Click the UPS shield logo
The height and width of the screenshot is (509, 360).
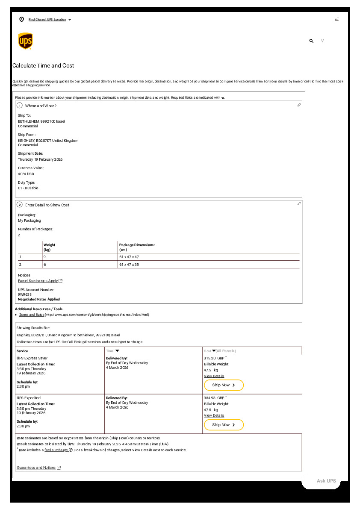pos(25,41)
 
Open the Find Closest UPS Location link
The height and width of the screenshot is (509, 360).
pos(47,20)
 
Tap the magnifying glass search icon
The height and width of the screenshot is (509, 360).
pos(311,41)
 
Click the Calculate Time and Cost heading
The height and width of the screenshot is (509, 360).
pos(43,66)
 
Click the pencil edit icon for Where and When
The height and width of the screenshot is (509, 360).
pos(299,105)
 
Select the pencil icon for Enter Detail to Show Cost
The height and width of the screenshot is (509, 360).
pos(299,204)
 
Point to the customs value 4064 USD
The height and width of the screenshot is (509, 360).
pos(26,174)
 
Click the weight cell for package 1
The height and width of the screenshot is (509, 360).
pos(44,257)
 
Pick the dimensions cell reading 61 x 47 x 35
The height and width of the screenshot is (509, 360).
pos(129,265)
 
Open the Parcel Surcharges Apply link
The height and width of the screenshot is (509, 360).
pos(38,281)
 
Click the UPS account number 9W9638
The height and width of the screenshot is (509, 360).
pos(25,294)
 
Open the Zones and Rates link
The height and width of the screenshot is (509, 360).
pos(32,315)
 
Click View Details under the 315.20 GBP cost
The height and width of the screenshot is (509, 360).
pos(214,376)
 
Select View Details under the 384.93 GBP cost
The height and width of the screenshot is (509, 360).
pos(214,415)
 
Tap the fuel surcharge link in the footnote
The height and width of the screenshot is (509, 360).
pos(56,450)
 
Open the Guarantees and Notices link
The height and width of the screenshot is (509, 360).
pos(36,468)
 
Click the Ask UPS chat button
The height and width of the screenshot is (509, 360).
pos(326,481)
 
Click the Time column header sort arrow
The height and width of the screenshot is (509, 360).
pos(118,351)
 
